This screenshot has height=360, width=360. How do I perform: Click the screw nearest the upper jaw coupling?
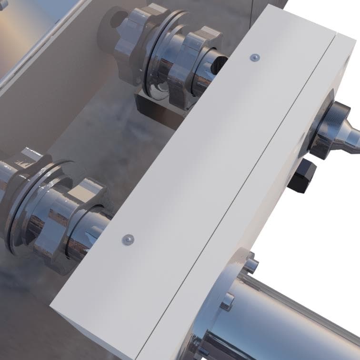tap(255, 58)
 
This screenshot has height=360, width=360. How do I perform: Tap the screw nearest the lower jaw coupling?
tap(128, 239)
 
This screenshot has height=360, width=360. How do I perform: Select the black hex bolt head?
tap(302, 176)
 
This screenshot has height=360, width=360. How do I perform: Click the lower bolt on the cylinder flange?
tap(228, 301)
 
